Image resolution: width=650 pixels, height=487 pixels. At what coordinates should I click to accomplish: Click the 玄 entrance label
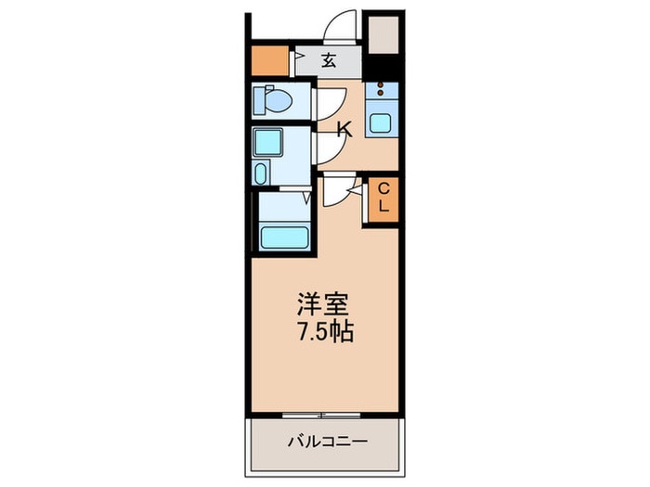(329, 62)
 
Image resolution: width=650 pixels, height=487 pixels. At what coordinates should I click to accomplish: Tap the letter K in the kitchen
(343, 130)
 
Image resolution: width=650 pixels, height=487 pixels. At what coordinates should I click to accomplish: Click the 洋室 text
(323, 304)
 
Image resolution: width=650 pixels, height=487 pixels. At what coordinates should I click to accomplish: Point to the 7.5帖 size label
(323, 331)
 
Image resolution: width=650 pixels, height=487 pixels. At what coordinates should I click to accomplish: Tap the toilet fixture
(274, 99)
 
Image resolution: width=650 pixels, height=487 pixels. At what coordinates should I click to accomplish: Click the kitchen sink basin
(381, 122)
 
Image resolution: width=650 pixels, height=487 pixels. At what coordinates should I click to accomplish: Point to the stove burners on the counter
(381, 92)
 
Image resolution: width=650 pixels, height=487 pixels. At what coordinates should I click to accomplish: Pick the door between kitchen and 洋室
(336, 192)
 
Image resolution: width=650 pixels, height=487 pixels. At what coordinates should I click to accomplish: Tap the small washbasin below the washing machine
(261, 173)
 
